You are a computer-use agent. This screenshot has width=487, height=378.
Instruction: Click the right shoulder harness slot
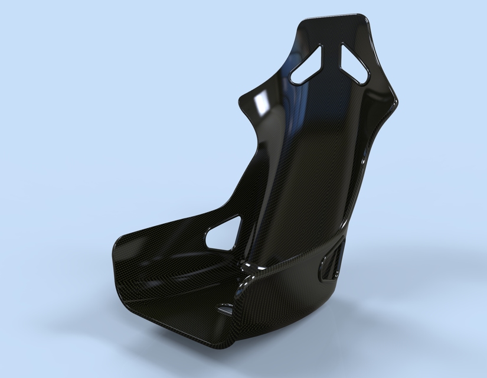(x=354, y=63)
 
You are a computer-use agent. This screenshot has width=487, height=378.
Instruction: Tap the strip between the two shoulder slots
(x=332, y=56)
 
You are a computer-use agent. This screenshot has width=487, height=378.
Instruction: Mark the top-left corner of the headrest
(x=302, y=24)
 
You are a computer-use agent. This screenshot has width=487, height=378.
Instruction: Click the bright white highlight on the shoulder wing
(x=259, y=105)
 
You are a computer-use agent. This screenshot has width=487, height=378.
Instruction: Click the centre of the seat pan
(x=177, y=283)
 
